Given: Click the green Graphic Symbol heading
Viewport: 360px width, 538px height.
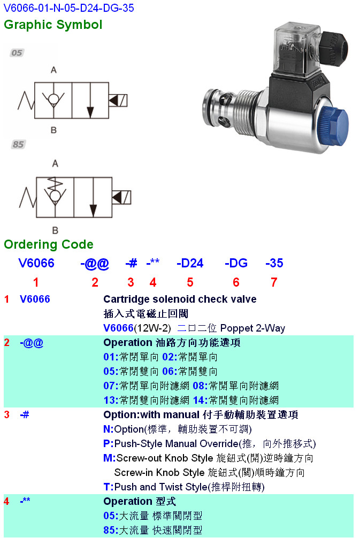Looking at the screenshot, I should tap(53, 25).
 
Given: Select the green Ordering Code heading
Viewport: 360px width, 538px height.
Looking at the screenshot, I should tap(49, 244).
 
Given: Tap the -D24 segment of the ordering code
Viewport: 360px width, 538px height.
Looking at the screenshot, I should tap(190, 263).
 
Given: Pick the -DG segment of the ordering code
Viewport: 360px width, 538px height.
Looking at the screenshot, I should tap(236, 263).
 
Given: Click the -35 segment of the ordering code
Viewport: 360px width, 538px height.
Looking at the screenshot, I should tap(274, 263).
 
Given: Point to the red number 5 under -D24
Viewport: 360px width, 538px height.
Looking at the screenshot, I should tap(190, 282).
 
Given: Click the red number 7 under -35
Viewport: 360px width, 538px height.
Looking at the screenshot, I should tap(274, 282).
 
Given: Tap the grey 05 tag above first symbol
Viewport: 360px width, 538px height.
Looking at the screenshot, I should tap(17, 53).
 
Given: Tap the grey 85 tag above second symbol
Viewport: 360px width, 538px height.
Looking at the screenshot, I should tap(18, 144).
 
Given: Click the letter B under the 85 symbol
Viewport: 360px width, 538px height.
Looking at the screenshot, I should tap(54, 230).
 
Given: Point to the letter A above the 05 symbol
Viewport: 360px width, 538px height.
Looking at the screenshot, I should tap(53, 70).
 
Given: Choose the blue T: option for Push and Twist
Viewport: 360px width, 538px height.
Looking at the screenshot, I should tap(108, 487).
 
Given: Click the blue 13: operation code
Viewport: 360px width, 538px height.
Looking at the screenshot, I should tap(110, 401).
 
